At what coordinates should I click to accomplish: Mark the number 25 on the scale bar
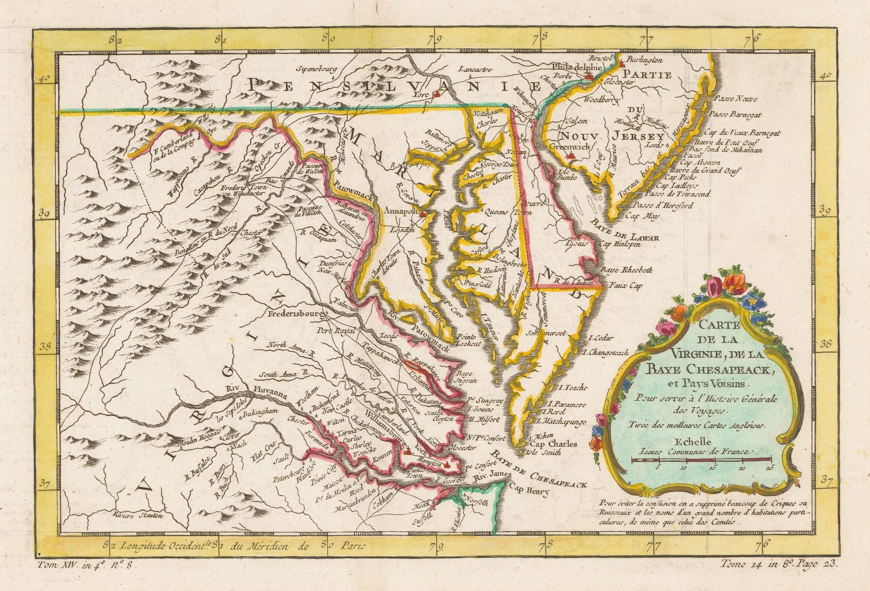point(769,466)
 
